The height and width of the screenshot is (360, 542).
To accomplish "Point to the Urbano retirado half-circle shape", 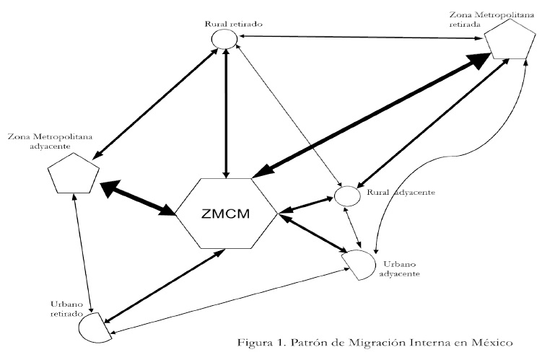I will pos(95,328).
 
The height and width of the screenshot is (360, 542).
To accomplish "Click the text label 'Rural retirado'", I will pos(232,24).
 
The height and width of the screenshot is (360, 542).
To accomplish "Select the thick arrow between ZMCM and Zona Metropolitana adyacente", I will pos(138,198).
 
